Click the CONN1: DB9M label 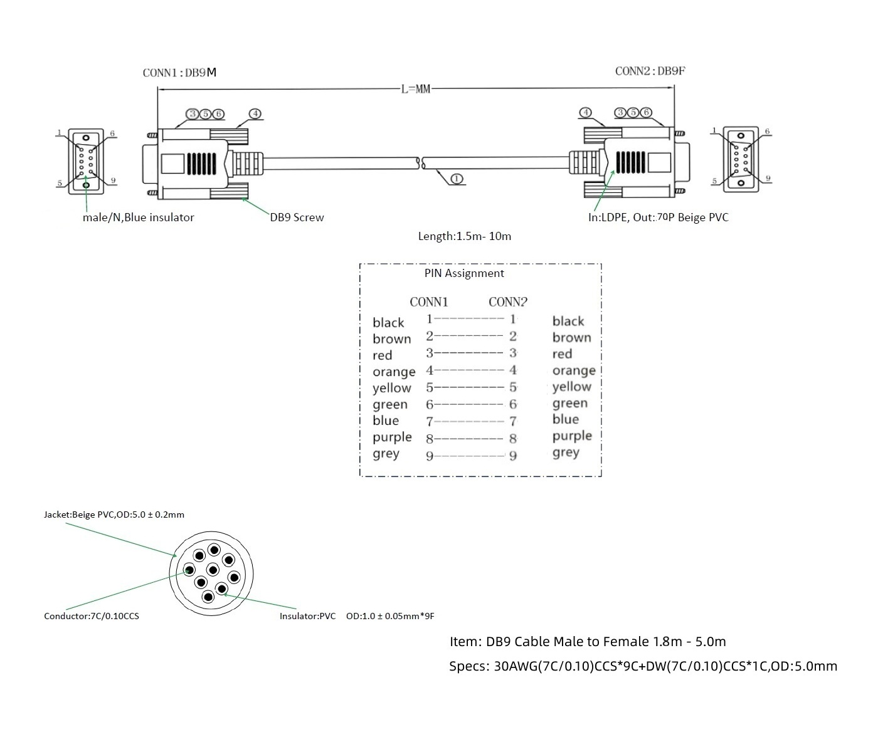tap(179, 73)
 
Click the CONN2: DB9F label tap(650, 71)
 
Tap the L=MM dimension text tap(416, 90)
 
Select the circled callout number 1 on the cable tap(457, 179)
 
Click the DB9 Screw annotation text tap(297, 217)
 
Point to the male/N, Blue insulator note tap(138, 217)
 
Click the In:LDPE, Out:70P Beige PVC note tap(658, 217)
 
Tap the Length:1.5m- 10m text tap(464, 236)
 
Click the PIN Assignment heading tap(464, 273)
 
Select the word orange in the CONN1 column tap(394, 372)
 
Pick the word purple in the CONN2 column tap(572, 436)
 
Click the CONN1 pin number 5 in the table tap(430, 388)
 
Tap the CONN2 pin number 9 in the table tap(513, 456)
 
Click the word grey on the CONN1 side tap(386, 454)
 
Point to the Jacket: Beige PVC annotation tap(114, 515)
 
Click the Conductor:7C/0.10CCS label tap(92, 616)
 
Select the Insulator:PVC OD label tap(356, 616)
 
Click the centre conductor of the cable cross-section tap(213, 570)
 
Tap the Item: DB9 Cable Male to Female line tap(588, 642)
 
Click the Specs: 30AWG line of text tap(643, 666)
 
